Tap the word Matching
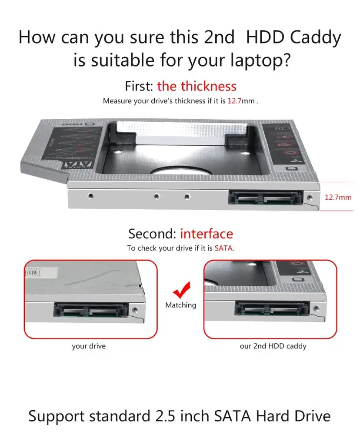click(x=180, y=305)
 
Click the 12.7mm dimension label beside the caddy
click(x=338, y=197)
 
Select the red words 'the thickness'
click(x=197, y=86)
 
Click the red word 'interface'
click(x=207, y=234)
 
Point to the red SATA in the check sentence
click(x=223, y=248)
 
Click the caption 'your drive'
click(x=89, y=346)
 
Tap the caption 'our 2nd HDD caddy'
click(x=273, y=346)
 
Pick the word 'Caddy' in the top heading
click(x=315, y=37)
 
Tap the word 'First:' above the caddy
click(x=139, y=86)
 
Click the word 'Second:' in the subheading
click(x=152, y=234)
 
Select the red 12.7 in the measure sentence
click(x=235, y=101)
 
